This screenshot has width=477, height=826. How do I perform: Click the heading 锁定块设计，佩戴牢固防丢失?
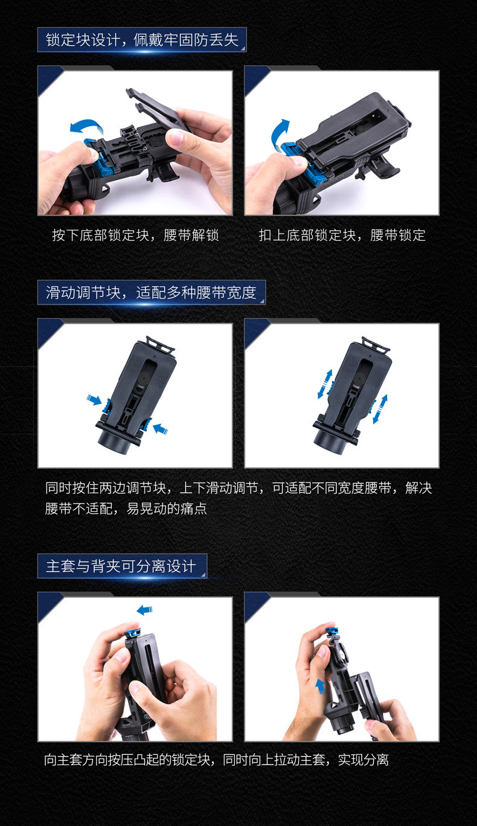click(142, 40)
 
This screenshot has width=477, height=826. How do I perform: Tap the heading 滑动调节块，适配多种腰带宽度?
click(151, 293)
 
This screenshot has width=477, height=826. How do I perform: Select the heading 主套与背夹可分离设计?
click(121, 566)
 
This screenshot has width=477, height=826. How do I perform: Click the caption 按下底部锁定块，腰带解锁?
click(136, 235)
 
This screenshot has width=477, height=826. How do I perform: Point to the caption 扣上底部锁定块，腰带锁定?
click(342, 235)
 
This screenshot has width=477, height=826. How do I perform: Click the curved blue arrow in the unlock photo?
click(87, 126)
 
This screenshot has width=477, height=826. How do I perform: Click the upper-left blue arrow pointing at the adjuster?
click(94, 399)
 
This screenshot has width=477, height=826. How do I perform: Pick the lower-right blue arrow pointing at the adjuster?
click(161, 429)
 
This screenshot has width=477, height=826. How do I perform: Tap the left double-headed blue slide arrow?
click(325, 384)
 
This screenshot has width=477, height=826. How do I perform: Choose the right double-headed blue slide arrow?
click(380, 409)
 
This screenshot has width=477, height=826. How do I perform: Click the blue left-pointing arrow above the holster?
click(144, 610)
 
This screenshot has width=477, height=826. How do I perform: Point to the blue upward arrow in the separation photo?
click(320, 687)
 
